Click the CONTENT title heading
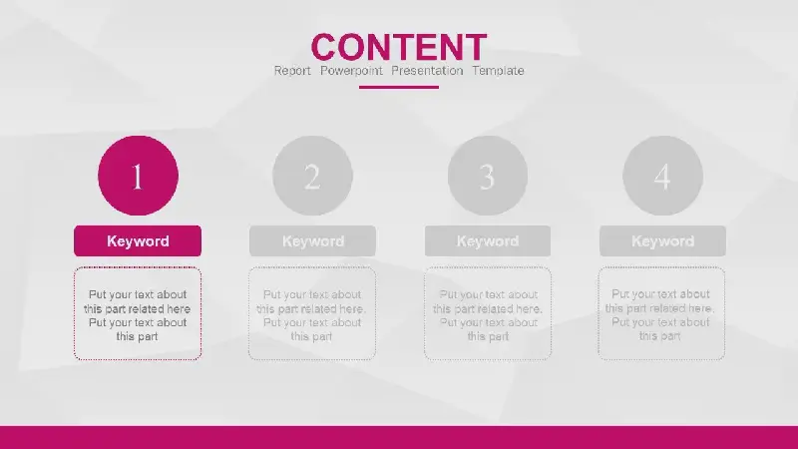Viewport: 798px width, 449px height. click(398, 47)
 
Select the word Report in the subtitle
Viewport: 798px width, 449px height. click(292, 71)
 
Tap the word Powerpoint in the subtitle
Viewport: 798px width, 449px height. click(351, 71)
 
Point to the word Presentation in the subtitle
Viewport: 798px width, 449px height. click(427, 71)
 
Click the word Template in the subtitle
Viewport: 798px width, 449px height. click(498, 71)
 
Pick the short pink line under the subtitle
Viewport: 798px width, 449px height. click(399, 87)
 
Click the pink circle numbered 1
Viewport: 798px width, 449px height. click(138, 176)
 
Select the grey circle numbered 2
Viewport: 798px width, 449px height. click(312, 176)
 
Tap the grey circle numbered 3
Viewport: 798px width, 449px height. click(488, 176)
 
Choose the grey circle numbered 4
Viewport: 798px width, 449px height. click(662, 176)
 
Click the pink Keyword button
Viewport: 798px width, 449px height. click(138, 240)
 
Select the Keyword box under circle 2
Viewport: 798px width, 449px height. click(312, 240)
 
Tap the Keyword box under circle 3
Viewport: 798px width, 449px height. click(488, 240)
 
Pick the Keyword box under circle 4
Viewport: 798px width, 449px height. click(662, 240)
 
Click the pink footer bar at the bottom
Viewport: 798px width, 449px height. click(399, 438)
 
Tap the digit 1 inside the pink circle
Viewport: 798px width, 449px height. click(138, 177)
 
